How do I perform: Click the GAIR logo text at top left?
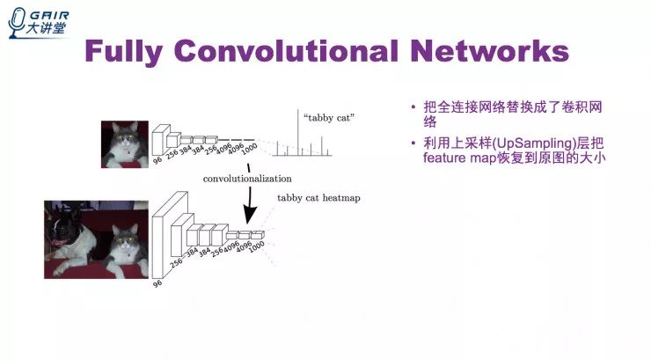click(x=45, y=15)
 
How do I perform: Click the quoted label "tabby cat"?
click(x=322, y=117)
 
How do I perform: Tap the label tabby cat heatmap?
click(x=318, y=198)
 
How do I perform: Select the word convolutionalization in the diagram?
click(x=247, y=179)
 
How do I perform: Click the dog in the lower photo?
click(x=72, y=235)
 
